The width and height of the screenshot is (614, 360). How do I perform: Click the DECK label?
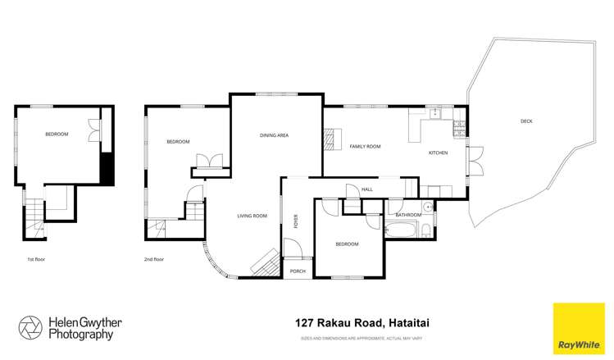tap(526, 121)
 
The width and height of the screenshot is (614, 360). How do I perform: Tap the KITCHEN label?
tap(438, 153)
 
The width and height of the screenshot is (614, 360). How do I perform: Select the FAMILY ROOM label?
tap(366, 146)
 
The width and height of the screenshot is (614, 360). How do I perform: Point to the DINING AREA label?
tap(274, 135)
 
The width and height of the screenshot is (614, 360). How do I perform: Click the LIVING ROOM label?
tap(252, 216)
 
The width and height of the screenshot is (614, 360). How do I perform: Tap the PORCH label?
tap(298, 271)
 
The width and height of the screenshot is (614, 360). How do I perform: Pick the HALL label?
tap(368, 189)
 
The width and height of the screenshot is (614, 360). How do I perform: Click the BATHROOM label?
tap(408, 215)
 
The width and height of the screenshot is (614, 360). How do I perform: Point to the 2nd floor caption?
tap(154, 259)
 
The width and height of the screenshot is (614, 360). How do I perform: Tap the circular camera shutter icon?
tap(30, 326)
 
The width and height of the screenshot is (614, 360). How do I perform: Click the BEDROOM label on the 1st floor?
tap(57, 134)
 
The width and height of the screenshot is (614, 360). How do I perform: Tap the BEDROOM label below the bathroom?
tap(347, 244)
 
